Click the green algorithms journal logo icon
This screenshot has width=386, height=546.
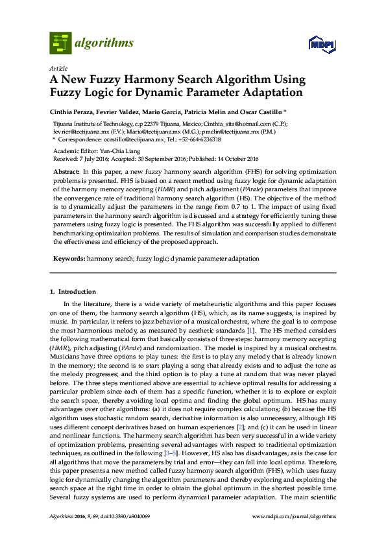coord(60,43)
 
